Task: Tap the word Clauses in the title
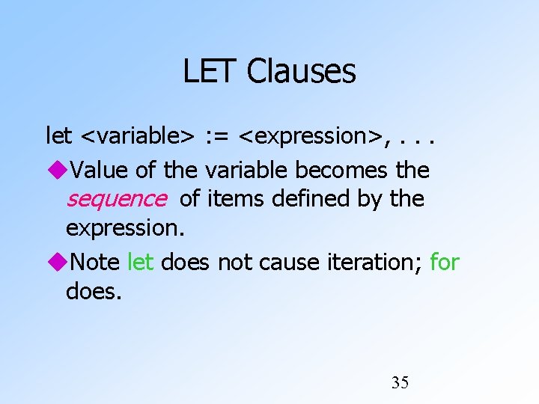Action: pyautogui.click(x=301, y=72)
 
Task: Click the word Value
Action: pyautogui.click(x=101, y=170)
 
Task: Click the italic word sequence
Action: pyautogui.click(x=116, y=199)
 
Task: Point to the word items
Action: pyautogui.click(x=230, y=199)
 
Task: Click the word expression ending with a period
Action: pyautogui.click(x=125, y=228)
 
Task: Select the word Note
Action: pyautogui.click(x=96, y=263)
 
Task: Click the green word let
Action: pyautogui.click(x=141, y=263)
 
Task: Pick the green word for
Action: pyautogui.click(x=445, y=263)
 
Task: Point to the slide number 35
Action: pyautogui.click(x=400, y=383)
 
